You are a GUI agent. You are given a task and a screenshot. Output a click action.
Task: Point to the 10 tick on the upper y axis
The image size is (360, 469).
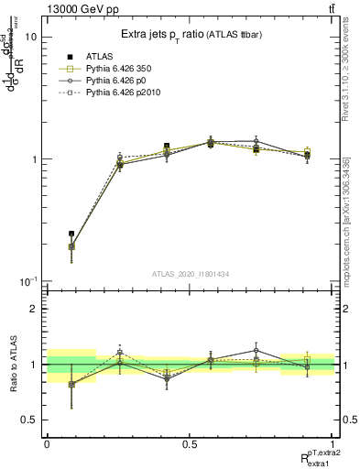click(x=30, y=38)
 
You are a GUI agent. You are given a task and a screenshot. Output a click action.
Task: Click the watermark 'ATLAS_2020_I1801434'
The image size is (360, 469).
click(x=191, y=273)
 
